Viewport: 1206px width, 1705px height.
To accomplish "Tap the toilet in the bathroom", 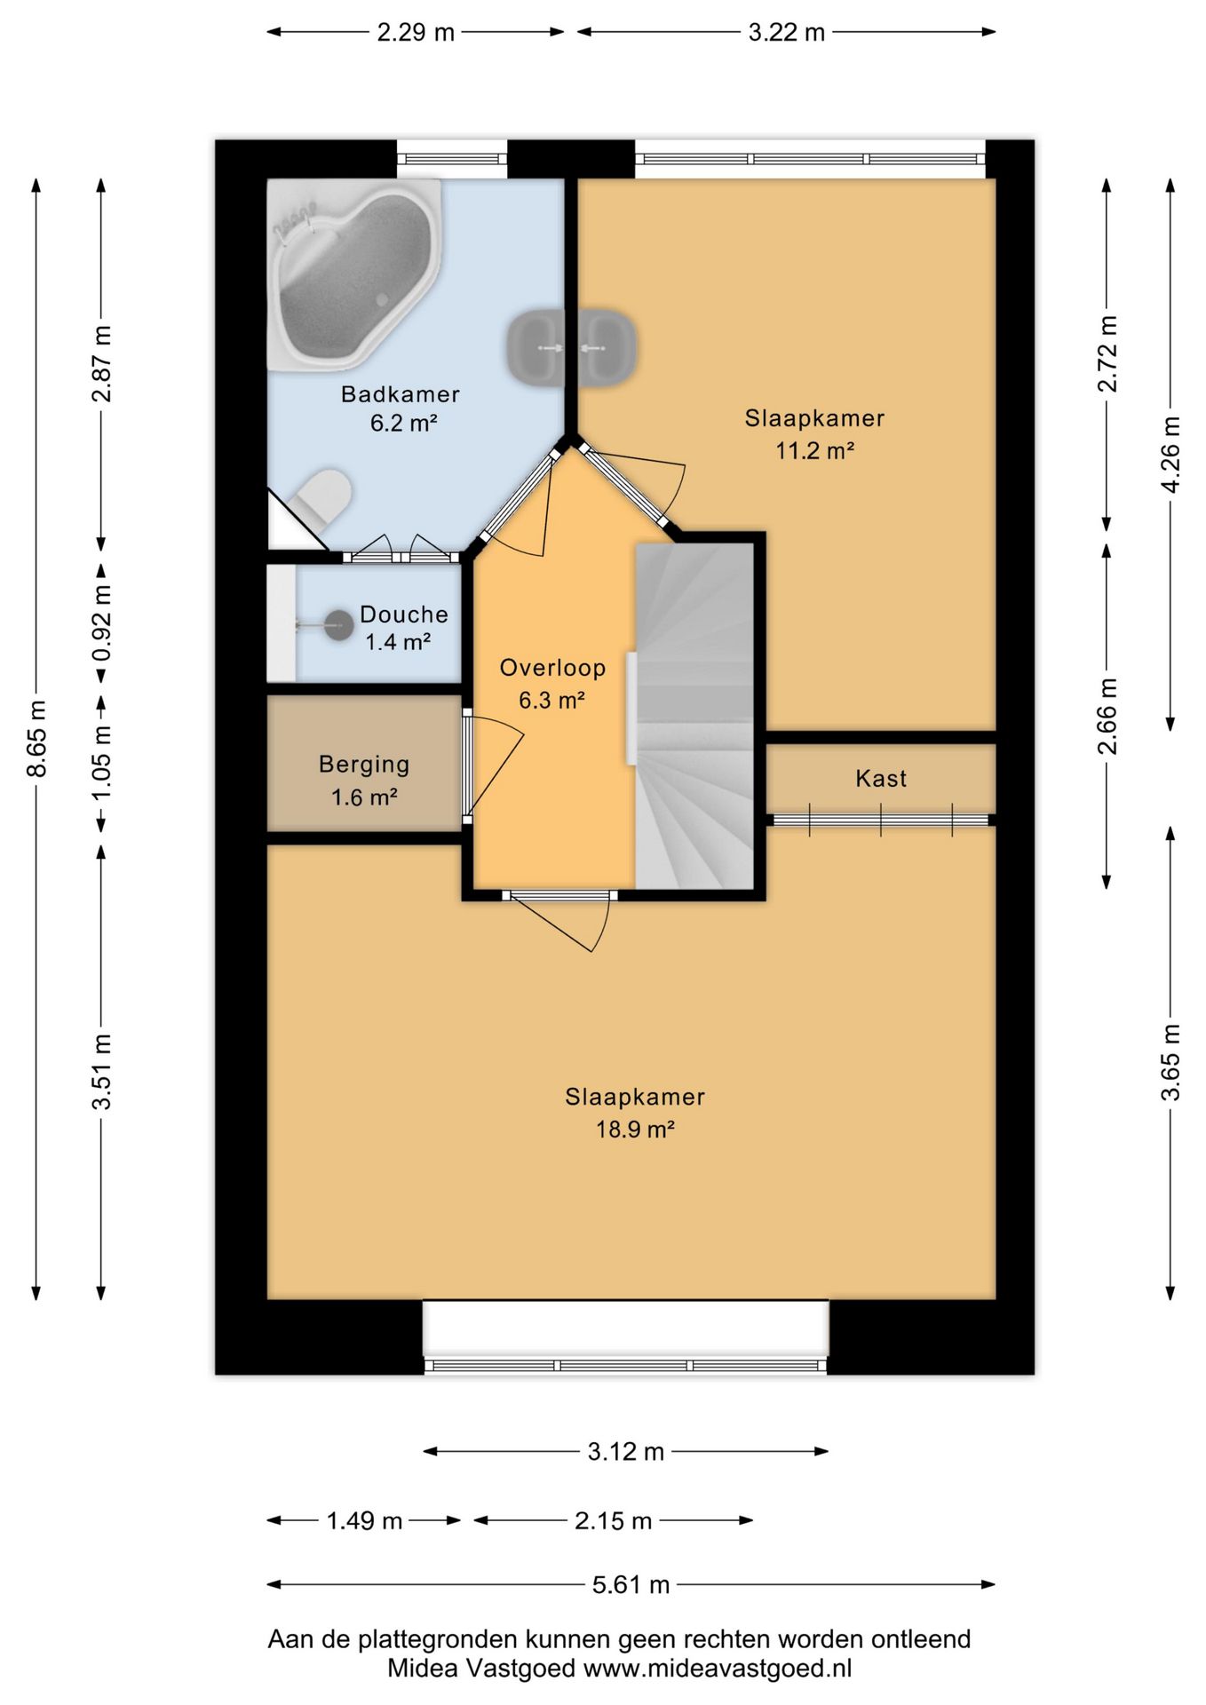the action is (321, 501).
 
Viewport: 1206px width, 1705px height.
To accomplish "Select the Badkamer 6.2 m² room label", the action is (401, 408).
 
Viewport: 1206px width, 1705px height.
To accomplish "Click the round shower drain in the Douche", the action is (338, 625).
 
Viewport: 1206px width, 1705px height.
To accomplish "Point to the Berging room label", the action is (364, 765).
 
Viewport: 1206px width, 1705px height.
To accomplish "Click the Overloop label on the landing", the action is (552, 668).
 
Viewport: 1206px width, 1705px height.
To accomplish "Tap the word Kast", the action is (881, 779).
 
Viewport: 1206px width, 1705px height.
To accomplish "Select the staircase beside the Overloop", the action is (694, 716).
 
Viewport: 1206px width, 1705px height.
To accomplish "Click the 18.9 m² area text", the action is (635, 1130).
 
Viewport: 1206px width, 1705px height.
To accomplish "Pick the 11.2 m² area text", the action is (814, 450).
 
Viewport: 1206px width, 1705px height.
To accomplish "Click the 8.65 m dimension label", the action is (36, 739).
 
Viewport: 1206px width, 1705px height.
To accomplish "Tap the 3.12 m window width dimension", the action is (625, 1451).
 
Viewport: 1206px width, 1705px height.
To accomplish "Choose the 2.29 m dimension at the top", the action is (416, 33).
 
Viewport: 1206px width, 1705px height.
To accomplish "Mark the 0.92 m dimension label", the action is (101, 622).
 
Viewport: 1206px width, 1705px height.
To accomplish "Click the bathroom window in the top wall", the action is (452, 160).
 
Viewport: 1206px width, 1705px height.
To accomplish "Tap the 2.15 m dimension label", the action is (613, 1521).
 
